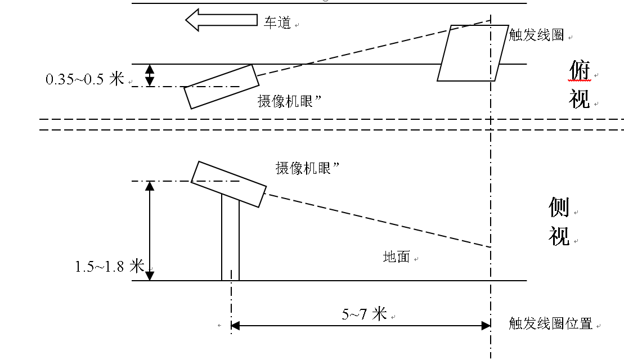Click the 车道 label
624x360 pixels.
pyautogui.click(x=277, y=23)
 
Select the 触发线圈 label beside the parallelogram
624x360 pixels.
pyautogui.click(x=536, y=35)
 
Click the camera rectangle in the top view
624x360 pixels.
pyautogui.click(x=222, y=87)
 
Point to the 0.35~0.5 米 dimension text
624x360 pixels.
pyautogui.click(x=84, y=79)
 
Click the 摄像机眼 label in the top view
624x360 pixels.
pyautogui.click(x=289, y=101)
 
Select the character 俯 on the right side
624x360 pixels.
pyautogui.click(x=579, y=71)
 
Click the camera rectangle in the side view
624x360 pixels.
pyautogui.click(x=228, y=184)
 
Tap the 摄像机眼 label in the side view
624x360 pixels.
pyautogui.click(x=307, y=168)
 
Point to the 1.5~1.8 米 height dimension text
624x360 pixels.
pyautogui.click(x=110, y=266)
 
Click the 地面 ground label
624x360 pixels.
pyautogui.click(x=397, y=257)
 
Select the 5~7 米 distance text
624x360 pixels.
pyautogui.click(x=364, y=314)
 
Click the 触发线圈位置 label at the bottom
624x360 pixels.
pyautogui.click(x=550, y=323)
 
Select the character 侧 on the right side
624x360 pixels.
pyautogui.click(x=559, y=207)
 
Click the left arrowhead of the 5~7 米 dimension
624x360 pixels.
pyautogui.click(x=235, y=326)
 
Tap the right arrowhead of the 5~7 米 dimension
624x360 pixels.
pyautogui.click(x=486, y=326)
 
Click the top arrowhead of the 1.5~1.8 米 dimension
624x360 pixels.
pyautogui.click(x=150, y=186)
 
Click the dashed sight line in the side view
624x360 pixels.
pyautogui.click(x=377, y=220)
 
